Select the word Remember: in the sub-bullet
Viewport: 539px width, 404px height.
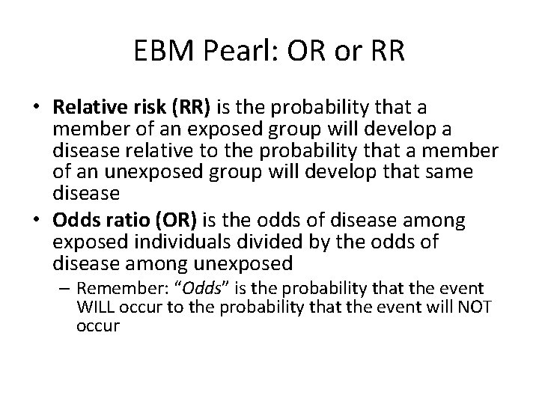[x=112, y=289]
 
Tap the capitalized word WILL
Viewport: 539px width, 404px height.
[x=94, y=308]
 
